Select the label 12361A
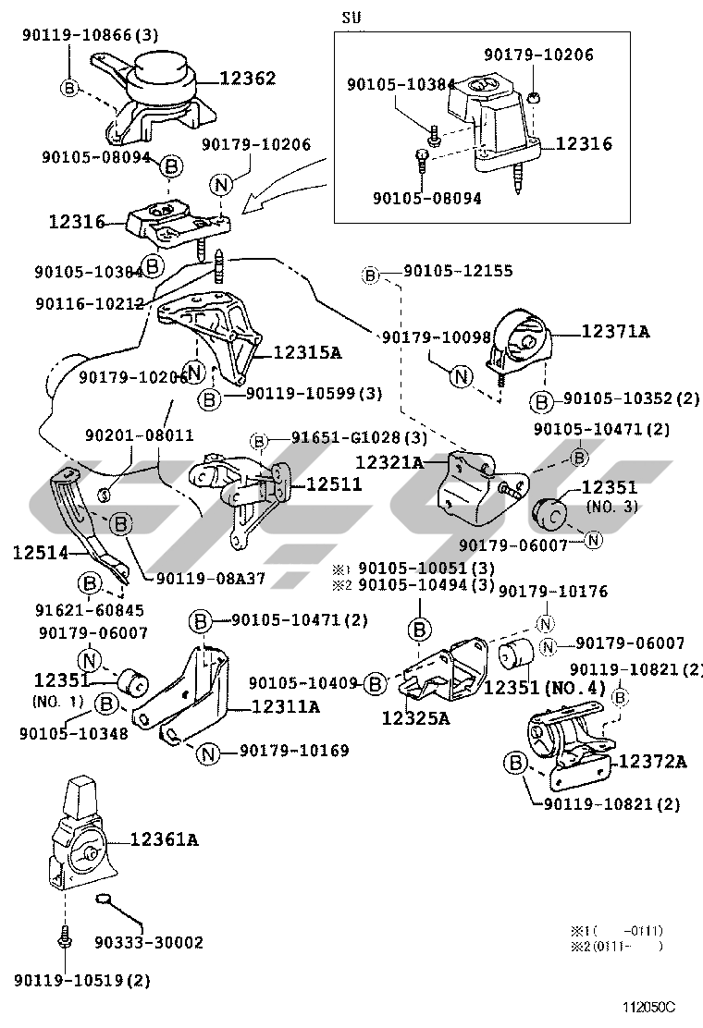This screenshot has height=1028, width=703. click(164, 839)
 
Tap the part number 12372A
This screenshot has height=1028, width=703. click(652, 762)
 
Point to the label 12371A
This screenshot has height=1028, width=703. click(615, 331)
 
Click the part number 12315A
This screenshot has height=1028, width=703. click(308, 352)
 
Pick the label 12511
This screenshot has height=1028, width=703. click(334, 483)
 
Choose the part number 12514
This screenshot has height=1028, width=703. click(41, 553)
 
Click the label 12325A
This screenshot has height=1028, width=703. click(416, 717)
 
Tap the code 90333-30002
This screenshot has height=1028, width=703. click(149, 943)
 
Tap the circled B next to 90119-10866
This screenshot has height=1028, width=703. click(70, 87)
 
